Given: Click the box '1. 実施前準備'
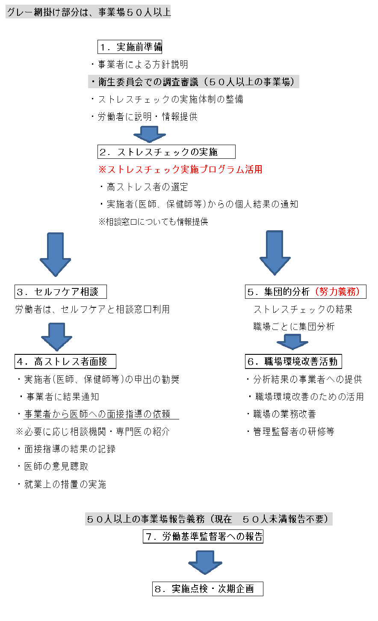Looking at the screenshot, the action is pos(130,47).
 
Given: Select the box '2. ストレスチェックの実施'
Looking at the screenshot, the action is pos(166,152).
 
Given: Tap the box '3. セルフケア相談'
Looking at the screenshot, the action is pos(61,291).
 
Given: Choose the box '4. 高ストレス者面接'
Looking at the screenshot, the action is pos(65,361).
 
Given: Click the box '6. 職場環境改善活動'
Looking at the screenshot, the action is pos(293,361).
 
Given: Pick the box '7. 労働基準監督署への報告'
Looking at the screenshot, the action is pos(203,536).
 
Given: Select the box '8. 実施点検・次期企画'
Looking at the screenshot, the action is pos(208,588).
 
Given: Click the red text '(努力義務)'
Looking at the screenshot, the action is pos(337,291).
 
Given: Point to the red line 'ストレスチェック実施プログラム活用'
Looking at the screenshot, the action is pos(180,169).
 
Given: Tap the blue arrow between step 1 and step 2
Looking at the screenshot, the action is pos(150,134).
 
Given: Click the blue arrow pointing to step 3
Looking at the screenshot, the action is pos(56,255).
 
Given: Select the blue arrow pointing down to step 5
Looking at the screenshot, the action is pos(275,253).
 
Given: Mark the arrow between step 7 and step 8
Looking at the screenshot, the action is pos(205,562).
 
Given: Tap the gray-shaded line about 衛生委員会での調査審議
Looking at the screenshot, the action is pos(194,81).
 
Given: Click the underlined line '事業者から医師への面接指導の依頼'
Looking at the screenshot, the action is pos(98,414).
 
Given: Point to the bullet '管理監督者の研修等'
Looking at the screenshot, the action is pos(291,431).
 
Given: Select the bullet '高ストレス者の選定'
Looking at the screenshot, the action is pos(144,187).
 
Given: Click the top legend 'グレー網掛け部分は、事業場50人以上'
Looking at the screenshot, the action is pos(89,12).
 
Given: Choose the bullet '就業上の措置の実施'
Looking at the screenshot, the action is pos(62,484).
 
